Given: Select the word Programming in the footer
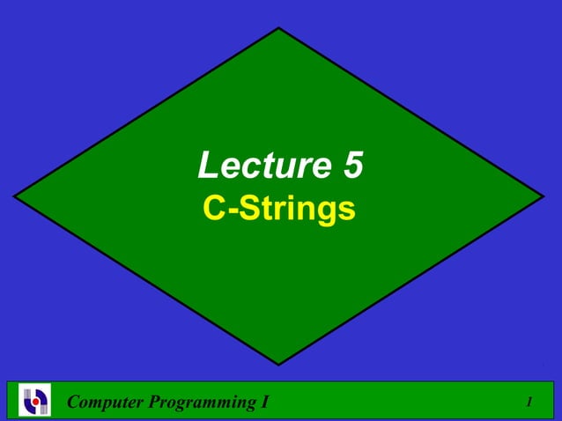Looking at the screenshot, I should pyautogui.click(x=196, y=403).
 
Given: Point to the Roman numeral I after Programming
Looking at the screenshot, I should pyautogui.click(x=265, y=403).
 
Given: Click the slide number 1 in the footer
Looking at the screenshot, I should pyautogui.click(x=529, y=403).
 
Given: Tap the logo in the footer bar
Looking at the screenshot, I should pyautogui.click(x=36, y=401).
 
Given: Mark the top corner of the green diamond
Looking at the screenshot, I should pyautogui.click(x=279, y=27).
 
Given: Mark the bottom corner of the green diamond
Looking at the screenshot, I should pyautogui.click(x=279, y=365).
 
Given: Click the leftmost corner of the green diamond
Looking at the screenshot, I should pyautogui.click(x=14, y=196).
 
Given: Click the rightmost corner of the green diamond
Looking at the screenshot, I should pyautogui.click(x=544, y=196).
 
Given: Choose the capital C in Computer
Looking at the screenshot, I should pyautogui.click(x=74, y=403).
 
